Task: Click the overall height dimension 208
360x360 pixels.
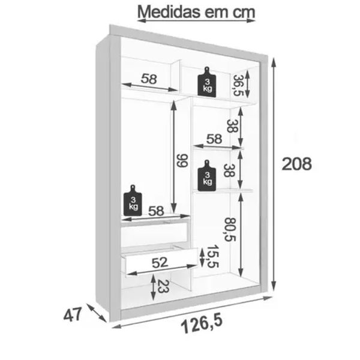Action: [296, 164]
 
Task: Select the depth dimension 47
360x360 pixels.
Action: [73, 314]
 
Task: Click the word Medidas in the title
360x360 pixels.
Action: [169, 12]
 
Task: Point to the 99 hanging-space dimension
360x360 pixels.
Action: [182, 160]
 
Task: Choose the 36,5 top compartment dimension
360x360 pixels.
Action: [238, 85]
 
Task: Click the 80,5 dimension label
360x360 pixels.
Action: [230, 229]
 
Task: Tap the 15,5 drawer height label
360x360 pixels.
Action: [212, 256]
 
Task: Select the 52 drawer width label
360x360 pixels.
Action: [160, 262]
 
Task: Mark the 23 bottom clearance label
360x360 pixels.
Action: [163, 287]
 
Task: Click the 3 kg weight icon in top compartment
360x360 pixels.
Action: [207, 82]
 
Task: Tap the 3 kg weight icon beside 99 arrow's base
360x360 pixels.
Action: [133, 200]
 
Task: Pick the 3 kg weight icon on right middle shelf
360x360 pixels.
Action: [207, 176]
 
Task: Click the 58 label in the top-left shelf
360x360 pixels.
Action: [149, 79]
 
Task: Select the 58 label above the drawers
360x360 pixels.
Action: [156, 211]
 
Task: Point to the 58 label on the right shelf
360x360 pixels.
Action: [214, 139]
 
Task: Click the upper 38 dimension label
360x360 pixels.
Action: [232, 126]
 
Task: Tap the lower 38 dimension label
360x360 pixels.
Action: [229, 170]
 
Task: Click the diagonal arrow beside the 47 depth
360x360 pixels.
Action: [97, 313]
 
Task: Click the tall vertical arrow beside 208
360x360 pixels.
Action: [274, 174]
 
